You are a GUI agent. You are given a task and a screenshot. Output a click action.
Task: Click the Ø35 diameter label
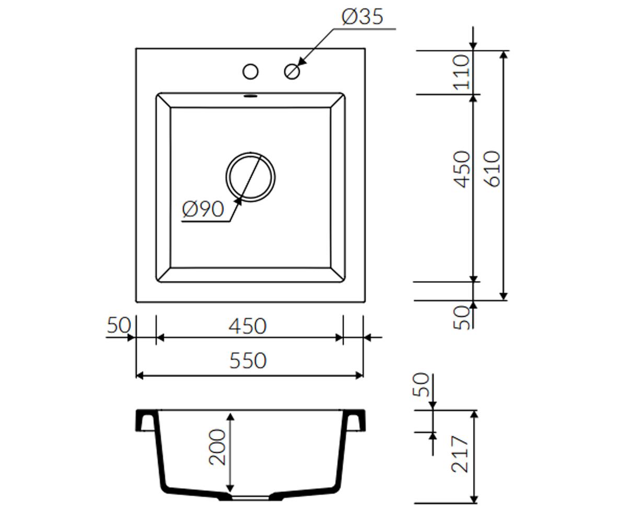363,17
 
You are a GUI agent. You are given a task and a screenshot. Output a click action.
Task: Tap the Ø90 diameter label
203,209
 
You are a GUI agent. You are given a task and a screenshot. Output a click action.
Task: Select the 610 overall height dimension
492,169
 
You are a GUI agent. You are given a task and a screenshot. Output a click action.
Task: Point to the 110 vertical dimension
461,72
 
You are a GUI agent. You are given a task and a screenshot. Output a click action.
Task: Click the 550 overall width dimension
248,360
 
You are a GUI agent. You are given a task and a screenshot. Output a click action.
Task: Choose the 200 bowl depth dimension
217,448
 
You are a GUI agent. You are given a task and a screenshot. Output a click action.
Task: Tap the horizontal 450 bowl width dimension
248,326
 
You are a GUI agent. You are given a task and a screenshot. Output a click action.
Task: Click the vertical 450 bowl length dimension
461,169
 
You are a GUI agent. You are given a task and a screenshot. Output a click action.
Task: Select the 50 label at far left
119,325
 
